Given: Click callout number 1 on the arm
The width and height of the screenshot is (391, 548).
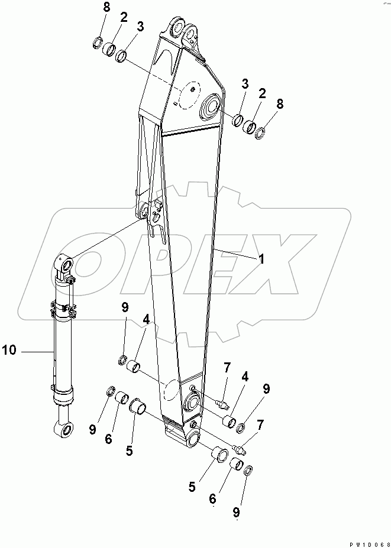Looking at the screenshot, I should pyautogui.click(x=260, y=258).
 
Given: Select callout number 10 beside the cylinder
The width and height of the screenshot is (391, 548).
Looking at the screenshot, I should pyautogui.click(x=9, y=351).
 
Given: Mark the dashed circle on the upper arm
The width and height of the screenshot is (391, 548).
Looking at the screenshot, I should pyautogui.click(x=190, y=96).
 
